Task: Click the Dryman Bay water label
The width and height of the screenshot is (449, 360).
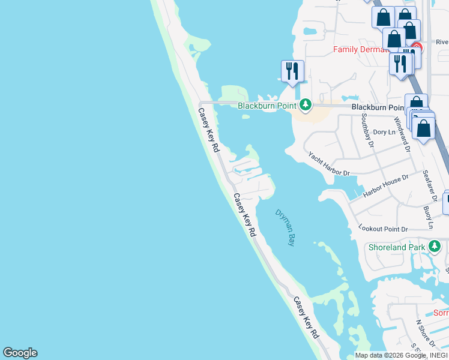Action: pos(286,228)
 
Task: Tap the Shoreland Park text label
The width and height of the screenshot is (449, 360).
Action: pos(397,247)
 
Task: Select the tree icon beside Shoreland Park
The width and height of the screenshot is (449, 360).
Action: pos(435,246)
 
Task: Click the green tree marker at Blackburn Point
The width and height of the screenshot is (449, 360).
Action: pos(306,106)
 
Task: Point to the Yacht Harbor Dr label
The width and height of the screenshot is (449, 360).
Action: pos(329,163)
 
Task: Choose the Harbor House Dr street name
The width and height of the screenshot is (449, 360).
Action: pos(385,186)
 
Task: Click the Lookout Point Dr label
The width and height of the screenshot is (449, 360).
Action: pos(383,229)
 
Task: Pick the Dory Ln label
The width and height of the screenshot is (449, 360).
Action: pos(384,132)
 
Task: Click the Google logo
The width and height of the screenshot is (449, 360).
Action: pos(20,353)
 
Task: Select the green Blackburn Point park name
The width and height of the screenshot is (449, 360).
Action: pos(268,106)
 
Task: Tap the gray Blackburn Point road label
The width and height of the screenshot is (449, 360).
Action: pos(378,107)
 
